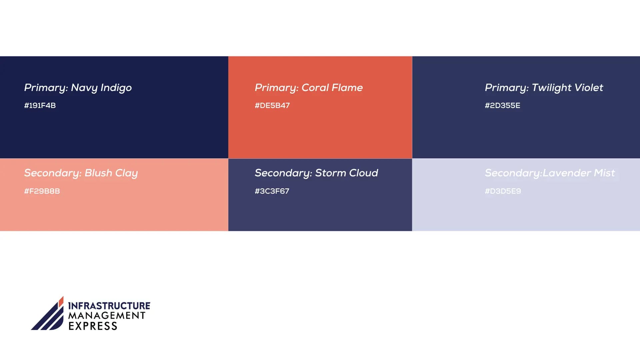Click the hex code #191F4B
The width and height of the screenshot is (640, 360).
point(40,105)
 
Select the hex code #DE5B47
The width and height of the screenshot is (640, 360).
point(272,105)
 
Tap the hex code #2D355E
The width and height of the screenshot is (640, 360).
point(502,105)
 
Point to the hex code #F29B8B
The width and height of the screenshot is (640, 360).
point(42,191)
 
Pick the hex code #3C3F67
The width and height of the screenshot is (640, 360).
point(272,191)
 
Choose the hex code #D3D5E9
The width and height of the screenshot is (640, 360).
point(503,191)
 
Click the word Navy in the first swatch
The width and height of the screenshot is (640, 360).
point(84,88)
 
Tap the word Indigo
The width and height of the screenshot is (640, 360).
point(116,88)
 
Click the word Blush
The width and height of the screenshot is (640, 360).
point(98,173)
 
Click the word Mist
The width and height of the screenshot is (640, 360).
point(604,173)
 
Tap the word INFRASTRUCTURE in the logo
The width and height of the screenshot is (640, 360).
point(109,306)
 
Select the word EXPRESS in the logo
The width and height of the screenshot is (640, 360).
point(93,326)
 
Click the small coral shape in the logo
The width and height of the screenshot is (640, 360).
point(61,302)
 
